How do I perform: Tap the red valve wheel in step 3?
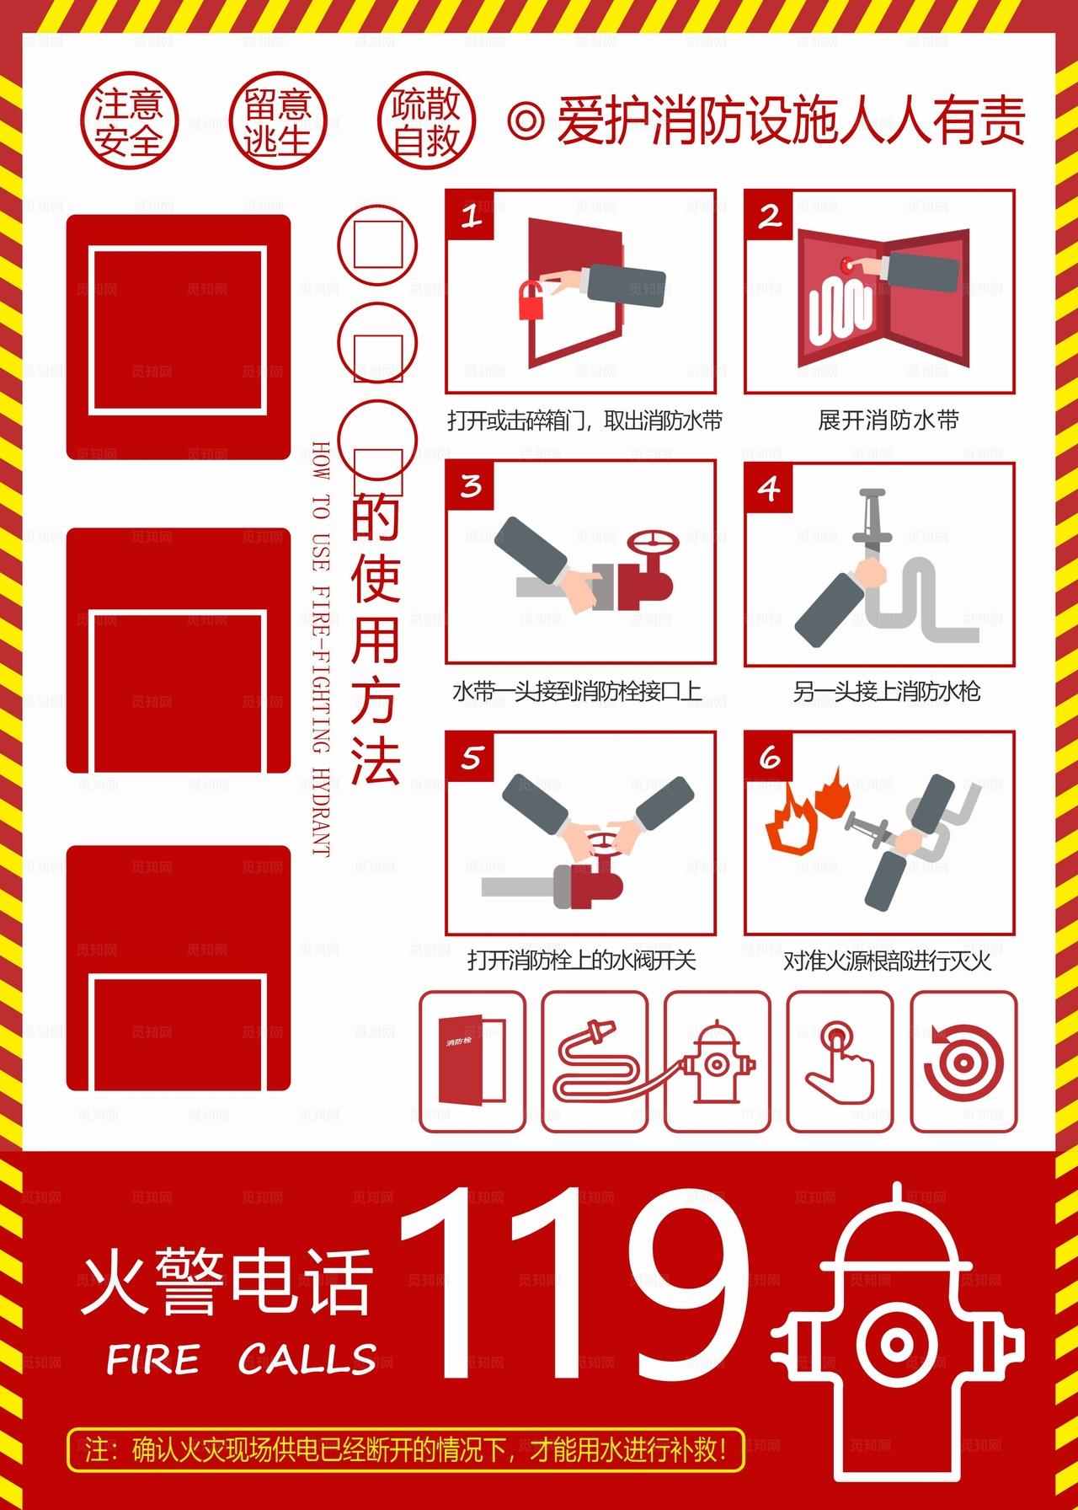click(654, 543)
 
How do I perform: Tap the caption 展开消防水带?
click(888, 420)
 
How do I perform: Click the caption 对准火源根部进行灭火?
click(886, 961)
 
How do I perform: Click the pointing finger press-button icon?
click(840, 1062)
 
